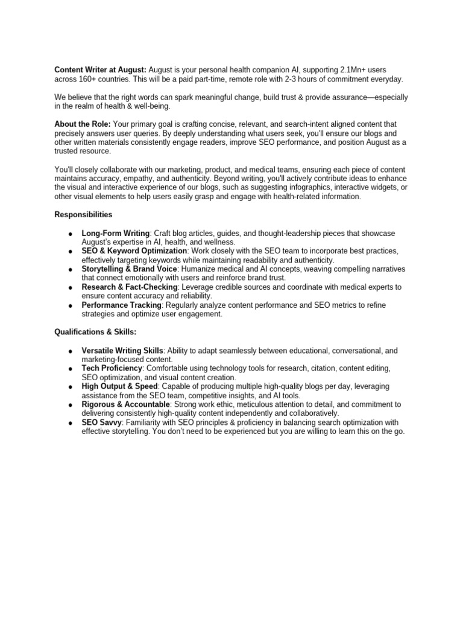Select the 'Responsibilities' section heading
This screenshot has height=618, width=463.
[x=83, y=214]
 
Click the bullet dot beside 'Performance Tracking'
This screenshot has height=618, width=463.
[x=71, y=306]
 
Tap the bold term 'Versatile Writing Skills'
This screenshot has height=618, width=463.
[x=122, y=351]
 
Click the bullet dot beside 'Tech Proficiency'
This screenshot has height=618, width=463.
[x=71, y=369]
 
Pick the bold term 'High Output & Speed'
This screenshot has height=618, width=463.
[x=119, y=386]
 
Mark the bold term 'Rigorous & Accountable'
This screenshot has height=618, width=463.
[x=125, y=404]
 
